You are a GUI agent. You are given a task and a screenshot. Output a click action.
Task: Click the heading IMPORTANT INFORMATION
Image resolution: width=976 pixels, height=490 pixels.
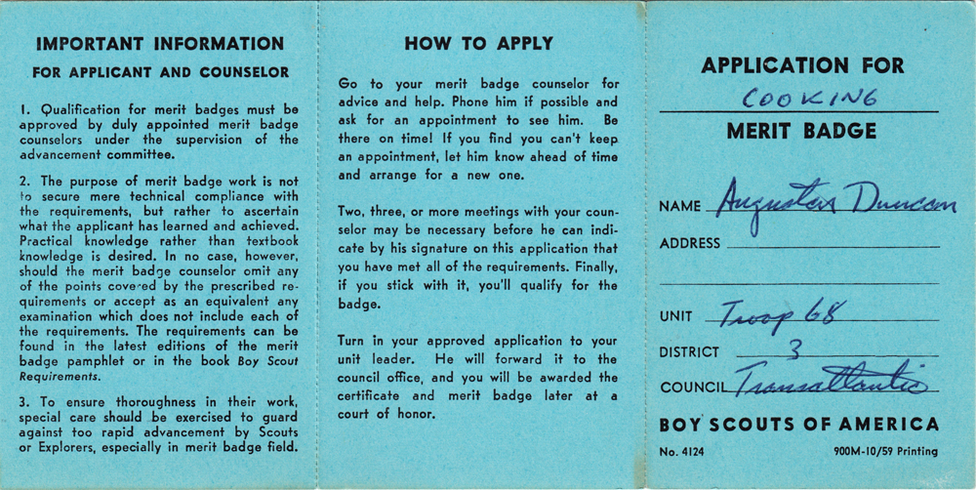(x=160, y=44)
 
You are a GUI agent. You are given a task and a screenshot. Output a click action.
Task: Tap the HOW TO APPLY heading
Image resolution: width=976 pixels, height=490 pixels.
(x=478, y=44)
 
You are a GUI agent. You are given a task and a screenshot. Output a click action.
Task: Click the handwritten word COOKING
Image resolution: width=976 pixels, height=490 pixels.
(x=809, y=98)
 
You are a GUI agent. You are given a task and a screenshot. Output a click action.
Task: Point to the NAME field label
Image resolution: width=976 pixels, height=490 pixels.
(x=680, y=206)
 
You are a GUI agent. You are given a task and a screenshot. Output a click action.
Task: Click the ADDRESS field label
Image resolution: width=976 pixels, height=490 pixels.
(x=690, y=243)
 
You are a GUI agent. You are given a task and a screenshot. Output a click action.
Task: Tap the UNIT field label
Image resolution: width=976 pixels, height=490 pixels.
(x=675, y=316)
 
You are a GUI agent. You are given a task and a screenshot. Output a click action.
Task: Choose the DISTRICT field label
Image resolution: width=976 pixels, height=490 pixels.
(x=689, y=351)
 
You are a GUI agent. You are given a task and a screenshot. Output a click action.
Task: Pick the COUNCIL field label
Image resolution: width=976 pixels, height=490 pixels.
(x=693, y=387)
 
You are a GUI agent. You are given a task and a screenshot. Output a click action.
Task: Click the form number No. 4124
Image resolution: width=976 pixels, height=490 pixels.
(x=681, y=452)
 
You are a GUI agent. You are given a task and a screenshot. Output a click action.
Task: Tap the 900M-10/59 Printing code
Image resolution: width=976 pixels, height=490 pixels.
(x=885, y=452)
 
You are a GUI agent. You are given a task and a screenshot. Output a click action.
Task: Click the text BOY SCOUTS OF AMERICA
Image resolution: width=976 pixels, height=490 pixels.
(x=798, y=425)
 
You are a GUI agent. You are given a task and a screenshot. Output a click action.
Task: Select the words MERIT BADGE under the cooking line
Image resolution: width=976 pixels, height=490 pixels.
(x=801, y=132)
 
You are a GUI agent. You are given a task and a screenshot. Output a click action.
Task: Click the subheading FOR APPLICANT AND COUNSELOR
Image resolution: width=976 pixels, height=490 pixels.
(x=160, y=72)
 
